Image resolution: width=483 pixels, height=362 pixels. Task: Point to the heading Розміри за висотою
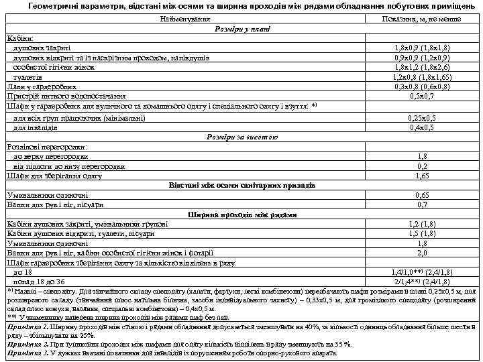click(x=242, y=137)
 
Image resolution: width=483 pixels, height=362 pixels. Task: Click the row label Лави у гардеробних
click(x=41, y=86)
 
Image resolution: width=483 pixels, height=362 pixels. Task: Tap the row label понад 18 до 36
click(x=40, y=282)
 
